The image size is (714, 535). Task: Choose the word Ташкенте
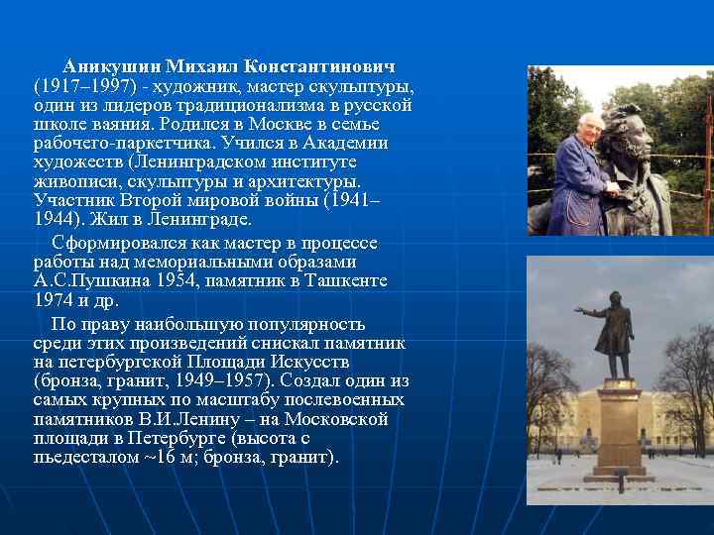pos(349,281)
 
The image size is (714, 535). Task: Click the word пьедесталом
pos(83,458)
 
